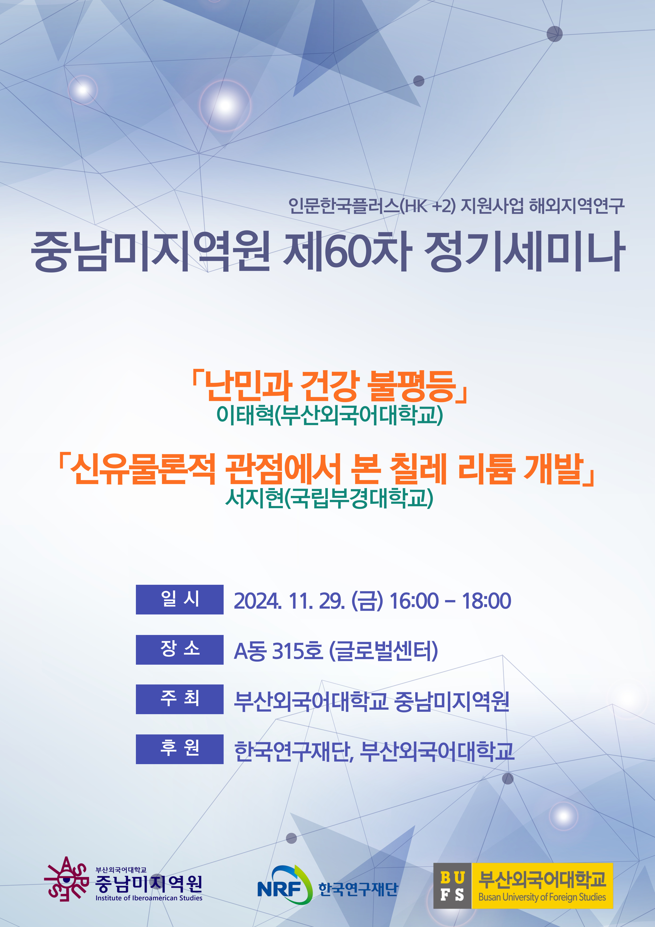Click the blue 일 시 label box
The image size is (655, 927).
(180, 600)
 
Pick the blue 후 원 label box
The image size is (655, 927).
(180, 749)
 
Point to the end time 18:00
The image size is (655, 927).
(486, 601)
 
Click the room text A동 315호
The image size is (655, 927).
(278, 651)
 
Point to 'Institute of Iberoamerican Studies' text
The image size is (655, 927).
(149, 898)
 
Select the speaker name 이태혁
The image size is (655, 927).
(245, 415)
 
